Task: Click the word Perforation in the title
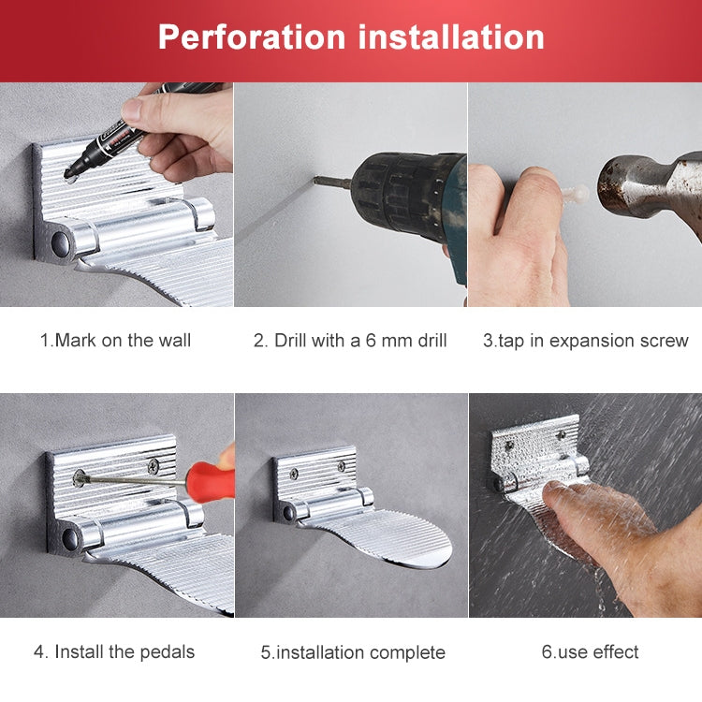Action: [x=251, y=37]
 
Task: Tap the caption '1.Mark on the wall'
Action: [x=115, y=341]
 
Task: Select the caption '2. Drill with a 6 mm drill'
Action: [x=350, y=341]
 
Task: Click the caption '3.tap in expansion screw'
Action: [x=585, y=341]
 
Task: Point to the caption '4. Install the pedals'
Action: [x=114, y=651]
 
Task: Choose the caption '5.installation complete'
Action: [x=353, y=652]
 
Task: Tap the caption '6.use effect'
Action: [x=590, y=651]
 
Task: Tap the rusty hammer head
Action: [x=646, y=183]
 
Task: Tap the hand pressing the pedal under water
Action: [x=599, y=524]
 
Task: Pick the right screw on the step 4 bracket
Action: [x=153, y=464]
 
